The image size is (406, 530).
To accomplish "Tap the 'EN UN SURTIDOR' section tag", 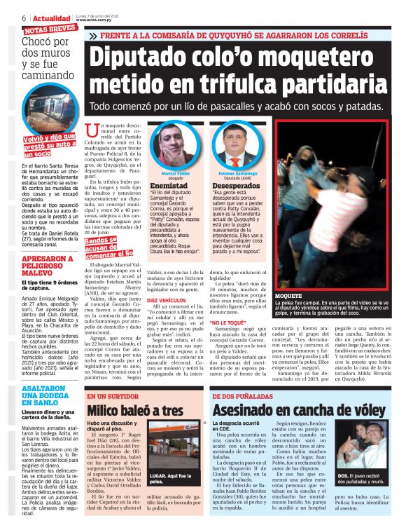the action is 112,396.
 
